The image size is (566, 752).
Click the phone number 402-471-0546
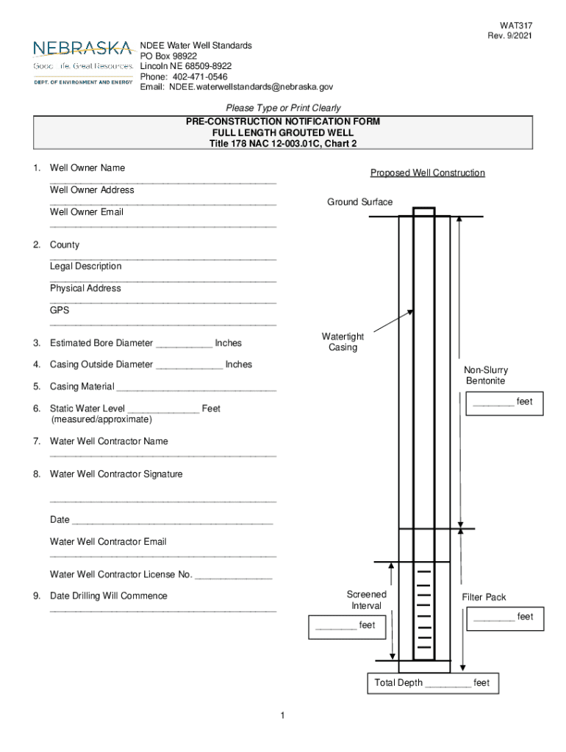coord(200,76)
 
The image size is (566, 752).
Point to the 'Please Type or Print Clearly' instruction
coord(283,108)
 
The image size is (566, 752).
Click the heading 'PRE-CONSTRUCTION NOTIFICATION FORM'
coord(283,121)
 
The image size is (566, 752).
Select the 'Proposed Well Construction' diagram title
coord(427,173)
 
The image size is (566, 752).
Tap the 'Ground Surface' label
coord(360,202)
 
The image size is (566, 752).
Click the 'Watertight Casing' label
coord(343,342)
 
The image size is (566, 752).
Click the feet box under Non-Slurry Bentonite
coord(504,403)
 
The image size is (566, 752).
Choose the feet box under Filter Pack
coord(504,618)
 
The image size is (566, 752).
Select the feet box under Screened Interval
coord(345,626)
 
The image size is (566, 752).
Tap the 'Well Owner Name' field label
coord(87,168)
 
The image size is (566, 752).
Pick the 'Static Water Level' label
coord(87,408)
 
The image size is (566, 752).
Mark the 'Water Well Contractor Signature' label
coord(116,474)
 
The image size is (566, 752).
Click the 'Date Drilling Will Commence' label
coord(108,596)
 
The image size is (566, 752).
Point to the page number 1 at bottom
coord(282,715)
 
